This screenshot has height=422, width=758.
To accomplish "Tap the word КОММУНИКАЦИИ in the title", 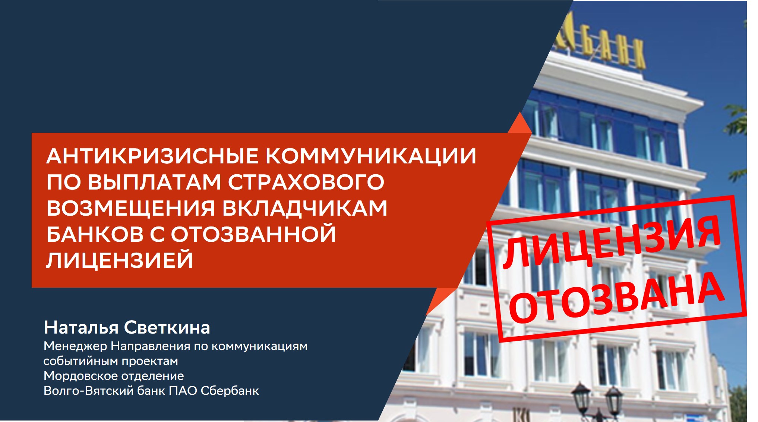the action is [371, 156].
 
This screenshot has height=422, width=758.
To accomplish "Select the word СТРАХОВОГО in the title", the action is [306, 182].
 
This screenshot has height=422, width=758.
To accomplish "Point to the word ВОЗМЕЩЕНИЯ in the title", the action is [131, 208].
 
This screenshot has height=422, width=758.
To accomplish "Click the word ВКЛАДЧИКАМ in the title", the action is [305, 208].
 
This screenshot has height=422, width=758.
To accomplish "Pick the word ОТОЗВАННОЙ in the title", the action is [253, 234].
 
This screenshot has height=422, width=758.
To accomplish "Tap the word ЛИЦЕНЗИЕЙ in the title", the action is [120, 260].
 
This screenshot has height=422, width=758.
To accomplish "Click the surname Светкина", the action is [167, 328].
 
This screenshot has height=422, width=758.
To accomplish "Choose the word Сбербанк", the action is [230, 391].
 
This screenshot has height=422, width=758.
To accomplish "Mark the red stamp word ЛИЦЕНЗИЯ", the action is [611, 243].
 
